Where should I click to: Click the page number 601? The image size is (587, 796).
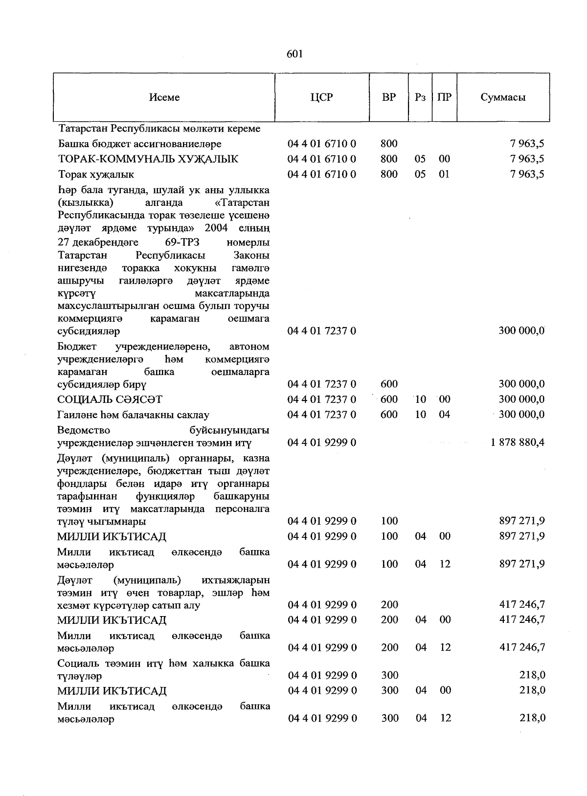coord(294,54)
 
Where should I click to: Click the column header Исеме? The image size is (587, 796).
coord(164,97)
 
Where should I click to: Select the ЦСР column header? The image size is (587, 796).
coord(321,97)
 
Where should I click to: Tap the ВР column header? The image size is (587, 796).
coord(389,97)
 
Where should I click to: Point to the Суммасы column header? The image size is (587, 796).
coord(503,97)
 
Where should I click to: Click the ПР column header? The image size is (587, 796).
coord(444,97)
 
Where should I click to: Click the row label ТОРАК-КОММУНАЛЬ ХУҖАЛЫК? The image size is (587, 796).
coord(148,159)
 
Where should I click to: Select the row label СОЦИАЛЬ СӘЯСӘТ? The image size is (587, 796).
coord(110,399)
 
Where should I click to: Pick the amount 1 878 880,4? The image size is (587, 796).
coord(518,442)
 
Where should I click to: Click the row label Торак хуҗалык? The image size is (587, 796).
coord(96,175)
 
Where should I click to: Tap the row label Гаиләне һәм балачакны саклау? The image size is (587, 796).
coord(133,415)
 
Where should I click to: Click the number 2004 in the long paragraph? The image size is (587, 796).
coord(216,228)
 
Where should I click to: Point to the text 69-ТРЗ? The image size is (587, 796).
coord(182,243)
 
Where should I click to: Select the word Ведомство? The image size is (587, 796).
coord(84,430)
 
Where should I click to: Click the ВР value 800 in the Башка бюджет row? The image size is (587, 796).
coord(389,144)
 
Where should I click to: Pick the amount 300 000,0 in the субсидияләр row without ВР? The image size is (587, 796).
coord(521,331)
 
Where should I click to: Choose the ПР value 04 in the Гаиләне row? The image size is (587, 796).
coord(444,415)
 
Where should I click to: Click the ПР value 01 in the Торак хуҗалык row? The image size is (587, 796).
coord(444,174)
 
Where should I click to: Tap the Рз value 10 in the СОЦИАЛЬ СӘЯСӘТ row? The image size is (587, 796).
coord(421,399)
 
